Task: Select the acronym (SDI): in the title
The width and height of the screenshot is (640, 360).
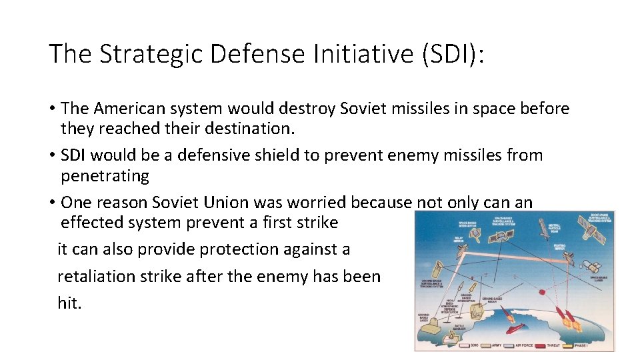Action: pyautogui.click(x=453, y=54)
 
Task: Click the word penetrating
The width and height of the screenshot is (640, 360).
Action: pyautogui.click(x=105, y=175)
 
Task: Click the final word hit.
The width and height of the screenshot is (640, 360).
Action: pyautogui.click(x=69, y=303)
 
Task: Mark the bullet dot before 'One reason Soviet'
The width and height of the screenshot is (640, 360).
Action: pyautogui.click(x=52, y=203)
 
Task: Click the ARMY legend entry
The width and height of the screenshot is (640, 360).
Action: pyautogui.click(x=491, y=345)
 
